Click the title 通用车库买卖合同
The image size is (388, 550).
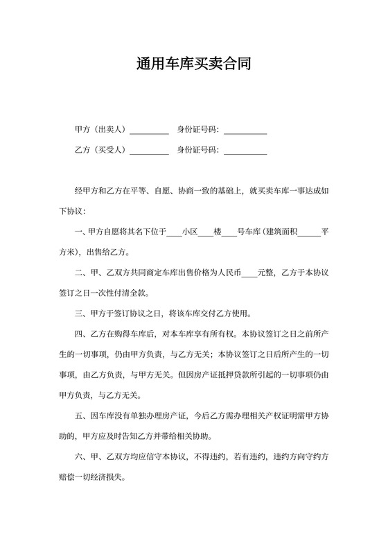click(193, 65)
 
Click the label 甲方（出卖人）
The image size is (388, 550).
click(101, 130)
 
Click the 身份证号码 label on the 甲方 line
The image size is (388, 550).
click(198, 130)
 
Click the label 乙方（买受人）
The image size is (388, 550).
click(101, 150)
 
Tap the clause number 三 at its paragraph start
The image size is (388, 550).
click(77, 312)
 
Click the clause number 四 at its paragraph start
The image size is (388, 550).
click(77, 332)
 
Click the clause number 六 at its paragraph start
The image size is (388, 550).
click(77, 458)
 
